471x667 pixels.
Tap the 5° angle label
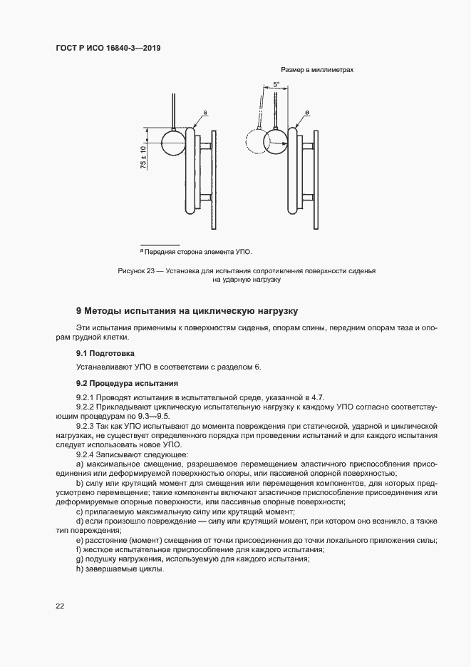click(276, 85)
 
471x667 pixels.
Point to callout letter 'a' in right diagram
click(307, 113)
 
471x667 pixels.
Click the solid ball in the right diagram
click(276, 143)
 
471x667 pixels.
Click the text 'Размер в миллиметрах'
click(317, 70)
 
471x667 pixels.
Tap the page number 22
click(60, 606)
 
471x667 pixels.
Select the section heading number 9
click(80, 311)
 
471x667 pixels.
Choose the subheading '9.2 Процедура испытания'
click(123, 384)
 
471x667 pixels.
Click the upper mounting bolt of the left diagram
click(205, 146)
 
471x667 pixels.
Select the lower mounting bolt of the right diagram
click(308, 195)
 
